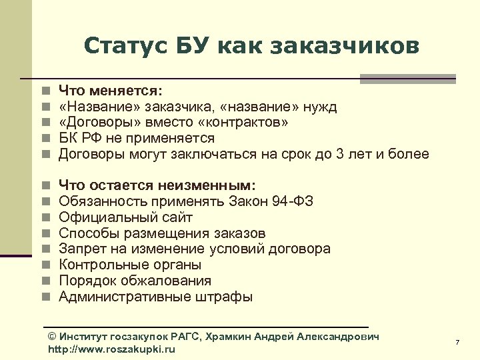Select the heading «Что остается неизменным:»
click(157, 185)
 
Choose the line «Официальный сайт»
click(125, 217)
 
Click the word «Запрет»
click(82, 249)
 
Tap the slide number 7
click(457, 342)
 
